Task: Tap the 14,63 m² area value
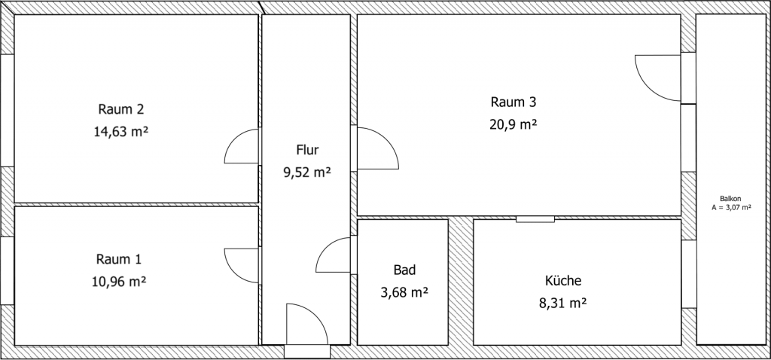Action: click(x=120, y=131)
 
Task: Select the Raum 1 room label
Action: click(x=119, y=259)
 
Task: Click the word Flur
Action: click(x=307, y=149)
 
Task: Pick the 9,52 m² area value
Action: click(x=307, y=172)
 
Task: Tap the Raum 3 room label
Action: click(x=513, y=102)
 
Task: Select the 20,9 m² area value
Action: click(x=513, y=124)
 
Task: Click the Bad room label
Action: click(x=404, y=270)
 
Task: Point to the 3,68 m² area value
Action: click(x=404, y=292)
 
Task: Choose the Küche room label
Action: click(x=562, y=281)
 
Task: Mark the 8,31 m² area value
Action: click(x=562, y=304)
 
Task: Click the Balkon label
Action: click(x=730, y=198)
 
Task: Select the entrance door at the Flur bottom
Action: click(x=306, y=327)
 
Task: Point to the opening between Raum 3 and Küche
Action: click(x=535, y=219)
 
